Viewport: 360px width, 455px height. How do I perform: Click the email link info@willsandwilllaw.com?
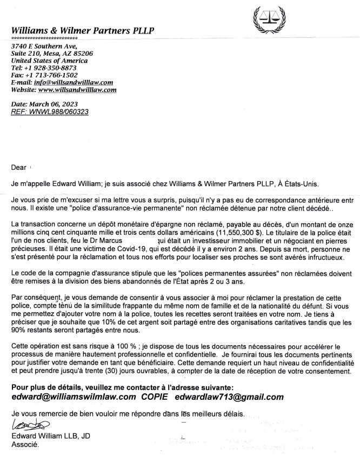point(73,82)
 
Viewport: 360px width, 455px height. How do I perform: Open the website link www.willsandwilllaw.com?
point(77,90)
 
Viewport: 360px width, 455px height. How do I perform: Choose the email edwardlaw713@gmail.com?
point(229,397)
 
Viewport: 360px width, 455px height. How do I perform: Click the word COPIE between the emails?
point(156,397)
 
